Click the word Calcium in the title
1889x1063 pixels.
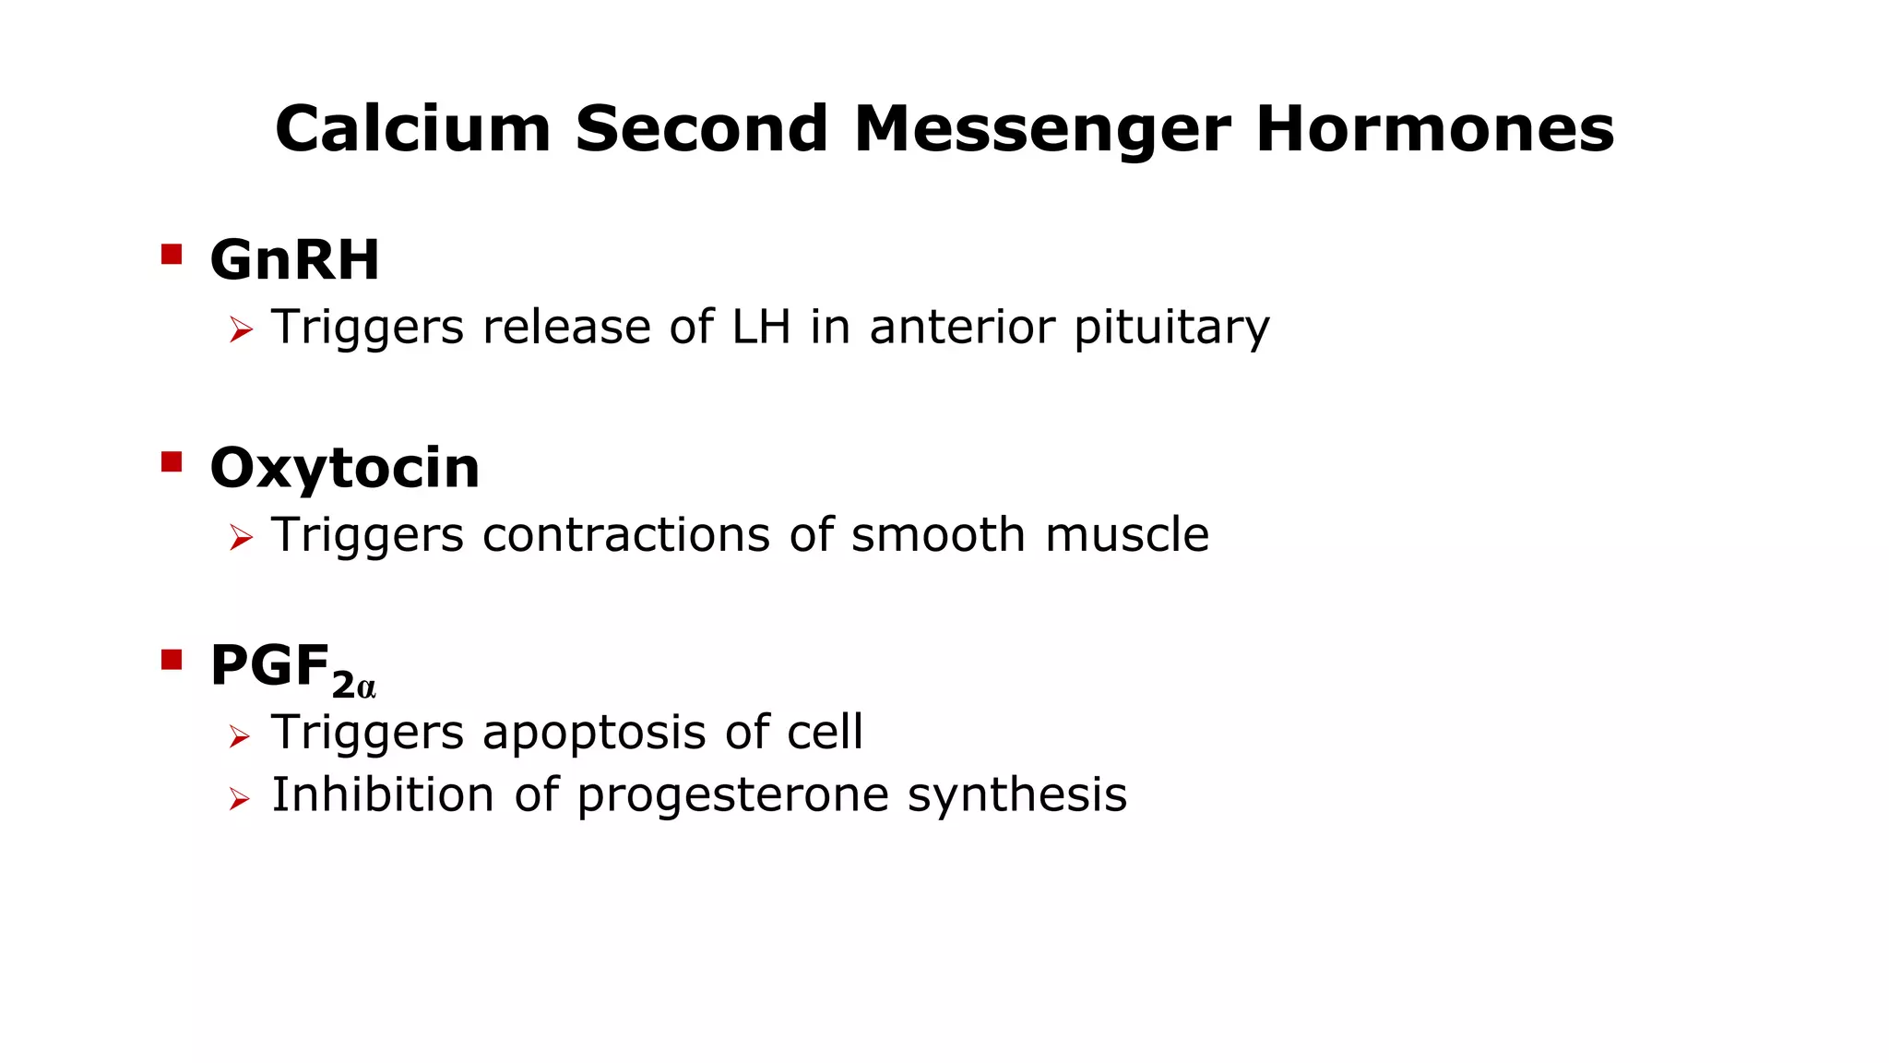412,128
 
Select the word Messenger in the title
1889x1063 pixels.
1042,128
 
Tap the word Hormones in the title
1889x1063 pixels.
1434,128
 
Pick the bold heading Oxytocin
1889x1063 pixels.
345,468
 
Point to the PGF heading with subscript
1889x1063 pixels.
292,668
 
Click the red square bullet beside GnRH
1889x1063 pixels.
172,254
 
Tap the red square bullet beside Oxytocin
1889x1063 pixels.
172,461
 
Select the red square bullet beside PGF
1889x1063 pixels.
172,660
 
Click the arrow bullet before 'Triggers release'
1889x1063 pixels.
241,329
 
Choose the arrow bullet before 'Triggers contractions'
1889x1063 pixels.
241,537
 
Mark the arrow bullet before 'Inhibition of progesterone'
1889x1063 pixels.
240,798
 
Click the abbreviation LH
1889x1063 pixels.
761,327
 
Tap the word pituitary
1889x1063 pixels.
1171,328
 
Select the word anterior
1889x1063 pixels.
961,327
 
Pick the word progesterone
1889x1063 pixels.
732,796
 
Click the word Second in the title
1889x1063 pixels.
702,128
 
